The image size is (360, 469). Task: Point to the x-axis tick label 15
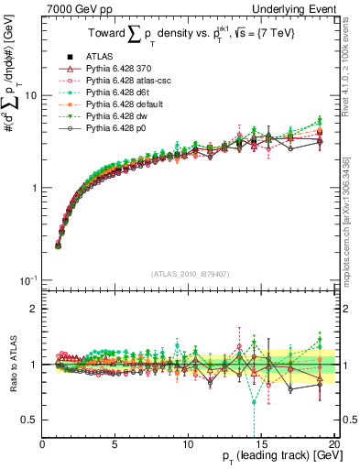coord(260,442)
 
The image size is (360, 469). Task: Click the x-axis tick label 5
coord(115,442)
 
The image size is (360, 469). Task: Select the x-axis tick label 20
coord(333,442)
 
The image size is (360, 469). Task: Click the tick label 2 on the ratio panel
coord(35,309)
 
